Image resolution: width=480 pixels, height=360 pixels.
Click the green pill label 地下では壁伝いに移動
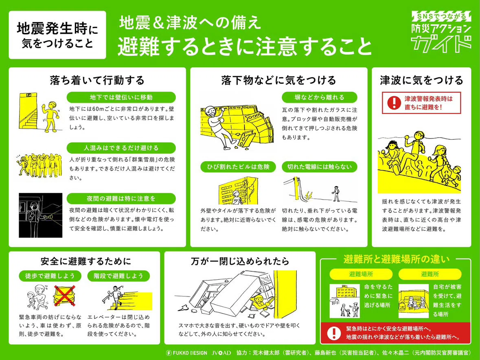coord(121,97)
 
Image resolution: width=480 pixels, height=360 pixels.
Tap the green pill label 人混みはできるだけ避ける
coord(121,148)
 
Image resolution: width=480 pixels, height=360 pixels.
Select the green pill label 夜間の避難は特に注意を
coord(121,199)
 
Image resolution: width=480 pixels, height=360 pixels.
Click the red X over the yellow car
coord(65,296)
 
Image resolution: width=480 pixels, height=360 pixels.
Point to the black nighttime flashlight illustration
coord(41,215)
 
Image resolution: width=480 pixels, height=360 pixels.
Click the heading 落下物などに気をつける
coord(278,80)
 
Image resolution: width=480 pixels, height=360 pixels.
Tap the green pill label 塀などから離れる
coord(319,97)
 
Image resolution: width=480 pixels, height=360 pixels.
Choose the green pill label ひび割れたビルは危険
coord(238,167)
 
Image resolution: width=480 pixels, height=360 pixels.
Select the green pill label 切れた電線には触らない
coord(319,167)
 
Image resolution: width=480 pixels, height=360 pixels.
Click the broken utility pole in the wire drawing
coord(297,188)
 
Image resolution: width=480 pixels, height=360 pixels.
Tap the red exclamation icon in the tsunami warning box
coord(394,103)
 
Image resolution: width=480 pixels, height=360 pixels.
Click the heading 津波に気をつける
coord(421,80)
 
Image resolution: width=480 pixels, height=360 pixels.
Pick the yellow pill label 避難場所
coord(361,274)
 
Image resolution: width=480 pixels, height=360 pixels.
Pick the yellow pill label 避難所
coord(430,274)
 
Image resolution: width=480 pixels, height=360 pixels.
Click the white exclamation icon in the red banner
coord(334,333)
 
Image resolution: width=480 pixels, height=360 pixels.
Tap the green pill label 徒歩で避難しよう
coord(50,276)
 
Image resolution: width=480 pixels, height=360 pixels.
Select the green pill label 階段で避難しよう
coord(118,276)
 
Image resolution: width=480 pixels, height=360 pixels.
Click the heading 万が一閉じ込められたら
coord(240,261)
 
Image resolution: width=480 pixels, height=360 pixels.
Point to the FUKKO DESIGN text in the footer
coord(187,353)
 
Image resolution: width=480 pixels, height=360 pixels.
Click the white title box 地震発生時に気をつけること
coord(57,35)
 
